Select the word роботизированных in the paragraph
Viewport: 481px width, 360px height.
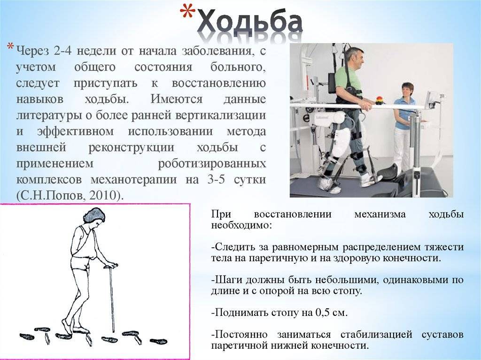tap(212, 163)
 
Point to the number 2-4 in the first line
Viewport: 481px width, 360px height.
tap(62, 51)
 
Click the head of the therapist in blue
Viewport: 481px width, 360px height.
tap(407, 89)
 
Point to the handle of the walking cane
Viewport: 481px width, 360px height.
tap(110, 266)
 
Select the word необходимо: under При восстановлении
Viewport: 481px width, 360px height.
tap(241, 225)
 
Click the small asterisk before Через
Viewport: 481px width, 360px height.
tap(10, 47)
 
